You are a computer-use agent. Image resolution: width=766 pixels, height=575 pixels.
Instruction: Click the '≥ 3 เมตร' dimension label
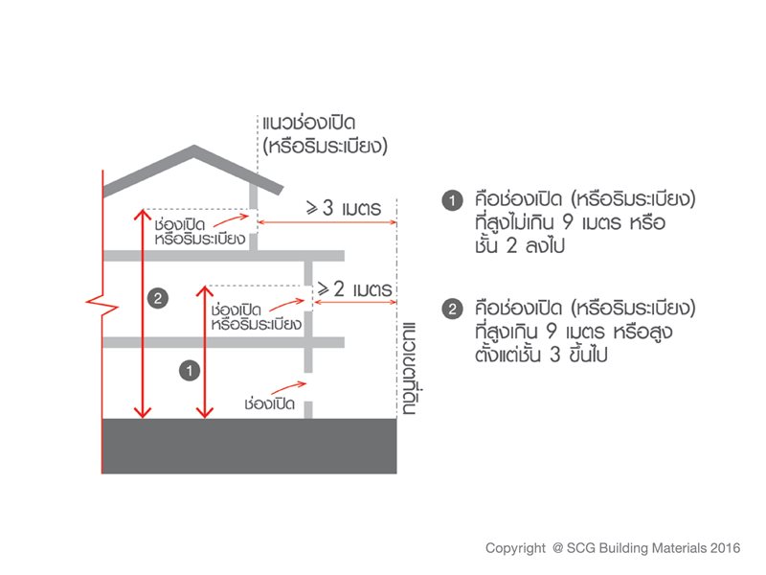tap(344, 208)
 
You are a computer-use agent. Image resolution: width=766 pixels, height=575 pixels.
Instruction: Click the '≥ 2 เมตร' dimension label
tap(354, 289)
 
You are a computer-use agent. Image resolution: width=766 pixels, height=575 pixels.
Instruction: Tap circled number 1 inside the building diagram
tap(190, 371)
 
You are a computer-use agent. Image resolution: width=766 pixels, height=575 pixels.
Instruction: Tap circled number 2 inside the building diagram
tap(157, 298)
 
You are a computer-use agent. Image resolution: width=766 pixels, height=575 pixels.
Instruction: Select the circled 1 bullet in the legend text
tap(452, 200)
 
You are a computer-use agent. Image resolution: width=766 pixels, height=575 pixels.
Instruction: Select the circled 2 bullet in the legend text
tap(452, 309)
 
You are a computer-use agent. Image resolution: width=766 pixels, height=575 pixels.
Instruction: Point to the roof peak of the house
tap(194, 146)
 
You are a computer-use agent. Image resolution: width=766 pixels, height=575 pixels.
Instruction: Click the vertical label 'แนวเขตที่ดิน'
tap(409, 368)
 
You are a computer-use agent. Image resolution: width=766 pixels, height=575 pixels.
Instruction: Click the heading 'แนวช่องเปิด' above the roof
tap(308, 123)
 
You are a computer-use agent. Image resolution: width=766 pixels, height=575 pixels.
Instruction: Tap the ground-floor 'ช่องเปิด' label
tap(269, 403)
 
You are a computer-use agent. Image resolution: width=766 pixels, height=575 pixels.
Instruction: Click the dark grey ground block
tap(249, 446)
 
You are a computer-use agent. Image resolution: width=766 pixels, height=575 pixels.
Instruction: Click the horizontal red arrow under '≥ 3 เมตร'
tap(327, 222)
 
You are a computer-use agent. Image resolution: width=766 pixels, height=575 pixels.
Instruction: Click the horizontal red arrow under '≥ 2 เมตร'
tap(355, 302)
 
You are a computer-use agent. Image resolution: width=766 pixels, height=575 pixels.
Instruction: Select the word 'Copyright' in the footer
tap(515, 548)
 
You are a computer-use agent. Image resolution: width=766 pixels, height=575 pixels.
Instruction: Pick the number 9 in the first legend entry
tap(567, 222)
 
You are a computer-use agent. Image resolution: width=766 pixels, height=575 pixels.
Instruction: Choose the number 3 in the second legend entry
tap(554, 355)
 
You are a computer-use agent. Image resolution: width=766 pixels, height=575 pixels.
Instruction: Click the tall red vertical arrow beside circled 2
tap(142, 313)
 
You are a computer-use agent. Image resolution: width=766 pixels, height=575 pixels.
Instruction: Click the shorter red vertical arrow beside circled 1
tap(204, 352)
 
